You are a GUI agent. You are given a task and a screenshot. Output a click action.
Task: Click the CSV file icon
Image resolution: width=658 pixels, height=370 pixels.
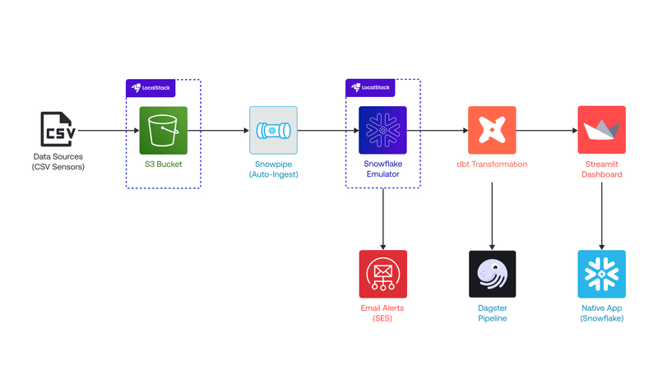58,130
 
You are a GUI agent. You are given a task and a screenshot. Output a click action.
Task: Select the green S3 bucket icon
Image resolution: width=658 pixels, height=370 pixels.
163,130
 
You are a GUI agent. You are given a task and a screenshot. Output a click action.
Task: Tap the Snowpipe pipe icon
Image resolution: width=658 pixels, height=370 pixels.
273,130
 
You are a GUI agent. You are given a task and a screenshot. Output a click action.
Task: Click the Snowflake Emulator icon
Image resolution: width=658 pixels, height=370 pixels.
382,130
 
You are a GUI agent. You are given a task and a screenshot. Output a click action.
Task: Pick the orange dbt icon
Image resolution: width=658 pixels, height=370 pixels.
492,130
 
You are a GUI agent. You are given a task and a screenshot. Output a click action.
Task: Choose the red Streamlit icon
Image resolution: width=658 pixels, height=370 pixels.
601,130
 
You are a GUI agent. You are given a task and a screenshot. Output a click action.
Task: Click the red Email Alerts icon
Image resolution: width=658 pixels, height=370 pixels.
382,274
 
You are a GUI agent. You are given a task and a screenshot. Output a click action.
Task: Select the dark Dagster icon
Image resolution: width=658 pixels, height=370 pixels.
492,274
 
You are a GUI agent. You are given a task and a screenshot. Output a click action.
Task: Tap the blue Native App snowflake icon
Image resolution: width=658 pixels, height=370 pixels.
601,274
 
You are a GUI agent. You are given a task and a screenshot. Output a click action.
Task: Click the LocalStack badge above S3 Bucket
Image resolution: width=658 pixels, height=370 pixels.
149,87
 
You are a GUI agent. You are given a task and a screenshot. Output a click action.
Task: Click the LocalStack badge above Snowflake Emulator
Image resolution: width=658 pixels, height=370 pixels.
368,87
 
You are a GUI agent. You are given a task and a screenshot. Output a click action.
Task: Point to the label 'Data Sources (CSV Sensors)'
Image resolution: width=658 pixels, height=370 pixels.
58,162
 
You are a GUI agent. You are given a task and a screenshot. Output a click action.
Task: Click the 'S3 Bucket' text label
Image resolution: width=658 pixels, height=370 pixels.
163,164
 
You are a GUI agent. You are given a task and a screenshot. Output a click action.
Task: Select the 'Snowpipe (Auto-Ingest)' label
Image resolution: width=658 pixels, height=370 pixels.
273,169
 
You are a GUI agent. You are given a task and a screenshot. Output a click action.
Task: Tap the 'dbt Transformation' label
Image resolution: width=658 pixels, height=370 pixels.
492,164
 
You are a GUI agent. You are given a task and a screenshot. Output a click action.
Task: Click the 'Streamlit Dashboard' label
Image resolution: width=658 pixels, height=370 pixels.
601,169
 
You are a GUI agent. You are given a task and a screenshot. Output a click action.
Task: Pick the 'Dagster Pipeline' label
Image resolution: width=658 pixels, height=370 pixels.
492,313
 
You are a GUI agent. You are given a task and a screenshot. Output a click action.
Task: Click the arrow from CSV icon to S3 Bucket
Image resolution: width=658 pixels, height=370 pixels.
107,130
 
